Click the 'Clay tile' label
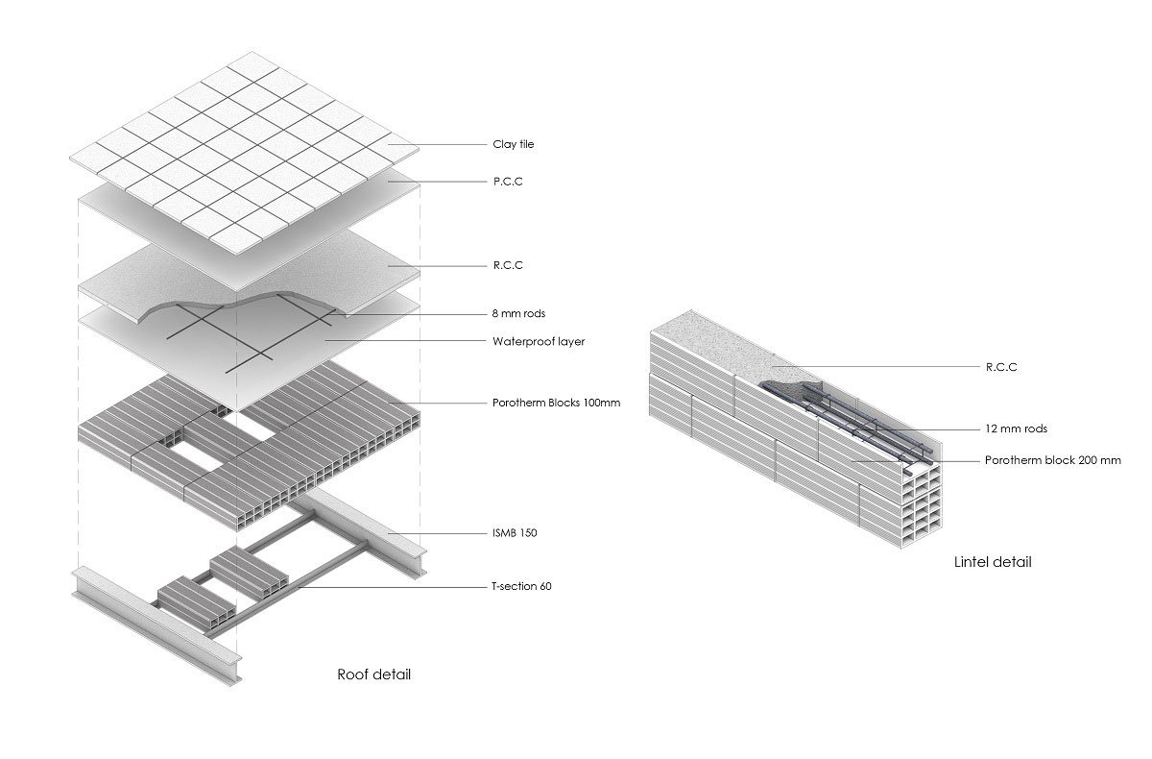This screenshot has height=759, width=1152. click(514, 145)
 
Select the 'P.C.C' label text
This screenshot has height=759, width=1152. click(507, 182)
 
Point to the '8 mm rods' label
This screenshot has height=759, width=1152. click(517, 314)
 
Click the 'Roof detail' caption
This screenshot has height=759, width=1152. click(373, 674)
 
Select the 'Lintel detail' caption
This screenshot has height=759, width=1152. click(993, 562)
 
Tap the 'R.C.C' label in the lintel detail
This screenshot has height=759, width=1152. click(1000, 367)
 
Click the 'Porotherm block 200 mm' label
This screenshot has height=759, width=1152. click(1052, 461)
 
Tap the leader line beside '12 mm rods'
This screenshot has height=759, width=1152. click(922, 428)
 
